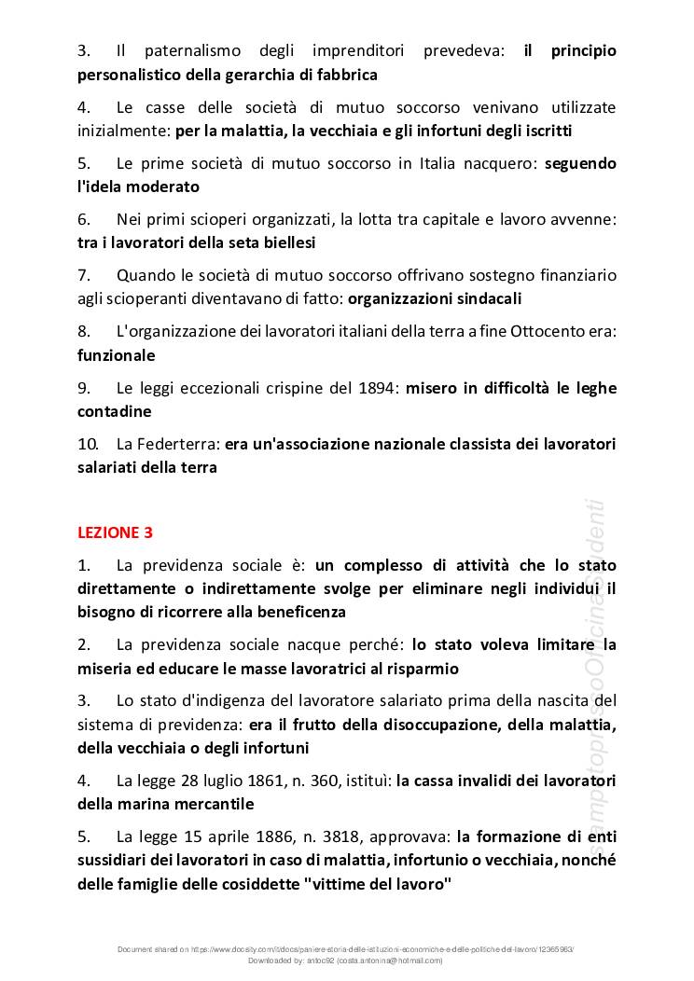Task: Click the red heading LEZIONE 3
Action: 115,532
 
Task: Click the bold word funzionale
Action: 117,355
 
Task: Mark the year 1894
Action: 380,389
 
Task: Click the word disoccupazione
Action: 402,725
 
